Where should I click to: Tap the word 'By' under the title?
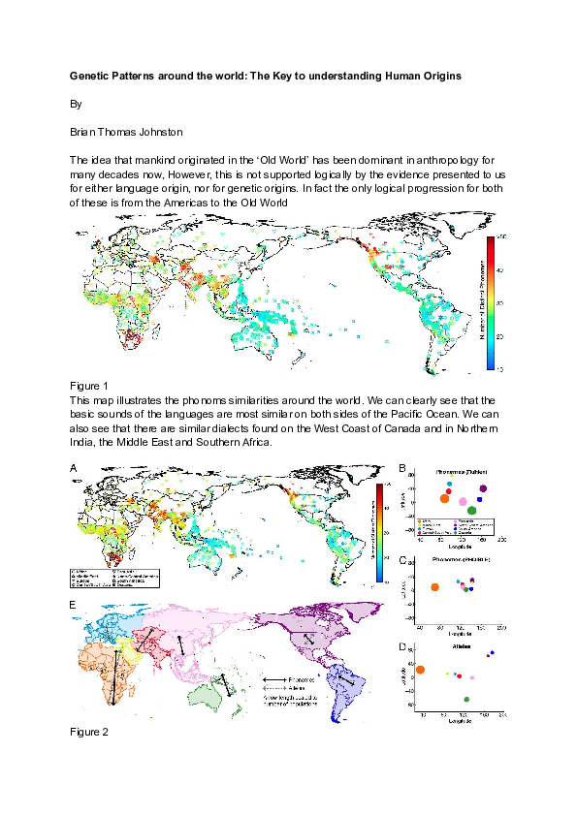click(x=77, y=102)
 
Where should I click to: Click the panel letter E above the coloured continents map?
click(x=74, y=605)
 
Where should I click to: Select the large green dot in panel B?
click(x=471, y=511)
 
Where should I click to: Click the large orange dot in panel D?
click(x=420, y=670)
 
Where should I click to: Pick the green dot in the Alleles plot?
click(x=466, y=699)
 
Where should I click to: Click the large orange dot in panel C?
click(x=434, y=588)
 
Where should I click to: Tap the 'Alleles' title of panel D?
click(x=462, y=645)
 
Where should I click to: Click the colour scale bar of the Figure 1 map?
click(x=490, y=302)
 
